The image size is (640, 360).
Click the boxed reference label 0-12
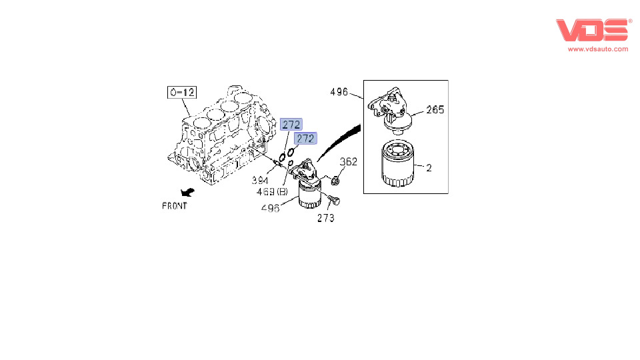click(x=181, y=92)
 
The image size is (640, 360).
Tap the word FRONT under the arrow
click(x=174, y=206)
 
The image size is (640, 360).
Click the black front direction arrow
click(x=187, y=192)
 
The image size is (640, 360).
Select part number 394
click(x=260, y=180)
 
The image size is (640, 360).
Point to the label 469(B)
click(x=272, y=191)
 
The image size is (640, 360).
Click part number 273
click(x=326, y=218)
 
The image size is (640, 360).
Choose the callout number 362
click(x=349, y=161)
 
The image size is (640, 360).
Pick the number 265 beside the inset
click(x=435, y=109)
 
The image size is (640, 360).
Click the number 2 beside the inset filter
click(x=429, y=168)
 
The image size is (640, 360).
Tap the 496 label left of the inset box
click(x=339, y=92)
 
